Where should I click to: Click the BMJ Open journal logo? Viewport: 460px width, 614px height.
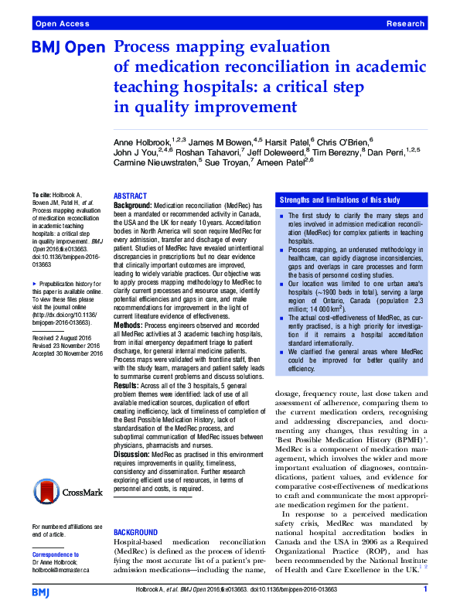67,48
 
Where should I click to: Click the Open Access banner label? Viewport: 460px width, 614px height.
61,25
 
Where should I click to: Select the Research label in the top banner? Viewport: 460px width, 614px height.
405,25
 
